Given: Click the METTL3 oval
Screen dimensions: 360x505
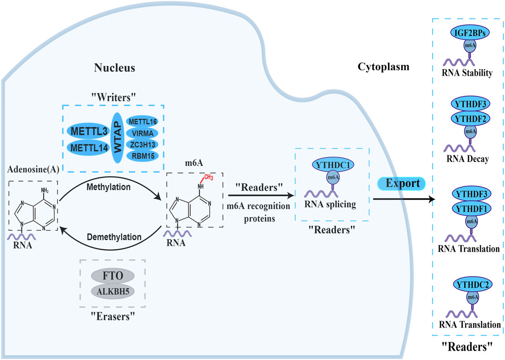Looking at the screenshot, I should pos(89,132).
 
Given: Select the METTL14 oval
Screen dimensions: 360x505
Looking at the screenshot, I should pos(89,148).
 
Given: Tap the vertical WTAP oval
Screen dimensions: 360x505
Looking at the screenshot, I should pos(118,138).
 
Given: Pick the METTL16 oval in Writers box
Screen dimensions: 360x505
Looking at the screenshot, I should pos(142,122).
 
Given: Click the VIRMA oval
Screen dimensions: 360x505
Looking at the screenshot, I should pos(142,133).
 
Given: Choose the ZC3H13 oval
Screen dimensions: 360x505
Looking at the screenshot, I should pos(142,145).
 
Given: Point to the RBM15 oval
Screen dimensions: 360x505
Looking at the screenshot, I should pos(142,156).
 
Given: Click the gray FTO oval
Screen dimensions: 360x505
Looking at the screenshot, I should pos(113,276).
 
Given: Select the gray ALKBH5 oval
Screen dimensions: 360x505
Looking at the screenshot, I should pos(113,291).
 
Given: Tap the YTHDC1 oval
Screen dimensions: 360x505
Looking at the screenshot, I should pos(333,165).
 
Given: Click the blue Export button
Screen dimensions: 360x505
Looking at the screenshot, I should pos(402,183).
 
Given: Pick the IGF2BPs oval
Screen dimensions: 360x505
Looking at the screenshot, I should pos(470,33).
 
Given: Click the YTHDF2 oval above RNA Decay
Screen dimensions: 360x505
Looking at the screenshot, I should pos(470,119).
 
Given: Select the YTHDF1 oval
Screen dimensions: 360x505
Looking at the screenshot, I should pos(471,209).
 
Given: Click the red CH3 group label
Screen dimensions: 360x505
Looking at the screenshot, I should pos(208,177).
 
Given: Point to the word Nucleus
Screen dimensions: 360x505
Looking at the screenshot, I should pos(115,68).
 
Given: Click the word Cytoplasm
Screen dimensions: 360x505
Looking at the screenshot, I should pos(383,67).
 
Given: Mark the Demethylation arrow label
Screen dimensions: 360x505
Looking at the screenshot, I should pos(114,237).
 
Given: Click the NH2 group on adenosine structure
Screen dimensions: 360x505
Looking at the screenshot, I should pos(45,190).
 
